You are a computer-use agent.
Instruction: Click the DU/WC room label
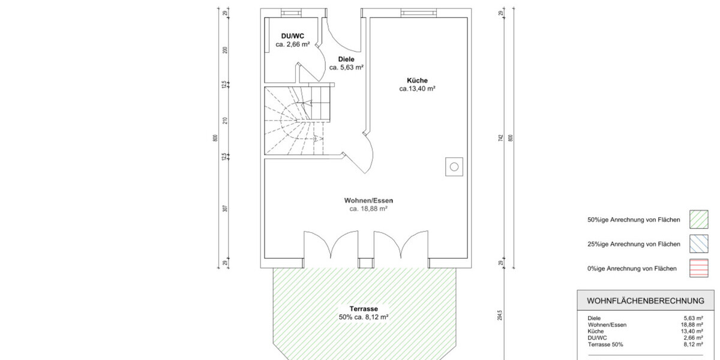pyautogui.click(x=293, y=36)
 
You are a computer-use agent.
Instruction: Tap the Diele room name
pyautogui.click(x=346, y=59)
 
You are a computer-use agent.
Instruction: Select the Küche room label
pyautogui.click(x=417, y=80)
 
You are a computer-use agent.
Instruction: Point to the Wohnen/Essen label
pyautogui.click(x=368, y=200)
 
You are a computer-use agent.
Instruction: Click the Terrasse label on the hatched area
pyautogui.click(x=364, y=309)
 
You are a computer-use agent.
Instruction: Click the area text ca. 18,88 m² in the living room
pyautogui.click(x=368, y=209)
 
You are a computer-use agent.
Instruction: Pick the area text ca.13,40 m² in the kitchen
pyautogui.click(x=417, y=89)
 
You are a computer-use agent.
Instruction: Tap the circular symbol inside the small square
pyautogui.click(x=454, y=167)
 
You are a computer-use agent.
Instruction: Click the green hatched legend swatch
pyautogui.click(x=699, y=220)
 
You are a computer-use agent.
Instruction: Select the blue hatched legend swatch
pyautogui.click(x=699, y=244)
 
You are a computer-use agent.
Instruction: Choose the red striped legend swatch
pyautogui.click(x=699, y=268)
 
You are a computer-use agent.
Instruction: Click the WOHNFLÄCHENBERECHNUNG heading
pyautogui.click(x=646, y=301)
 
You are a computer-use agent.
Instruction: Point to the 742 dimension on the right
pyautogui.click(x=500, y=139)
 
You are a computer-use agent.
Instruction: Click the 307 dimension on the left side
pyautogui.click(x=225, y=209)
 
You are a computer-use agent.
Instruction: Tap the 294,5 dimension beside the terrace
pyautogui.click(x=500, y=316)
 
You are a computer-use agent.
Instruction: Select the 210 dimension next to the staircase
pyautogui.click(x=225, y=121)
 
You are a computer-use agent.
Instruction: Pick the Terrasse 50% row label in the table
pyautogui.click(x=605, y=344)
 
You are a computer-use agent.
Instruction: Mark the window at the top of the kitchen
pyautogui.click(x=419, y=13)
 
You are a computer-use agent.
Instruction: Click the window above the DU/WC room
pyautogui.click(x=291, y=13)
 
